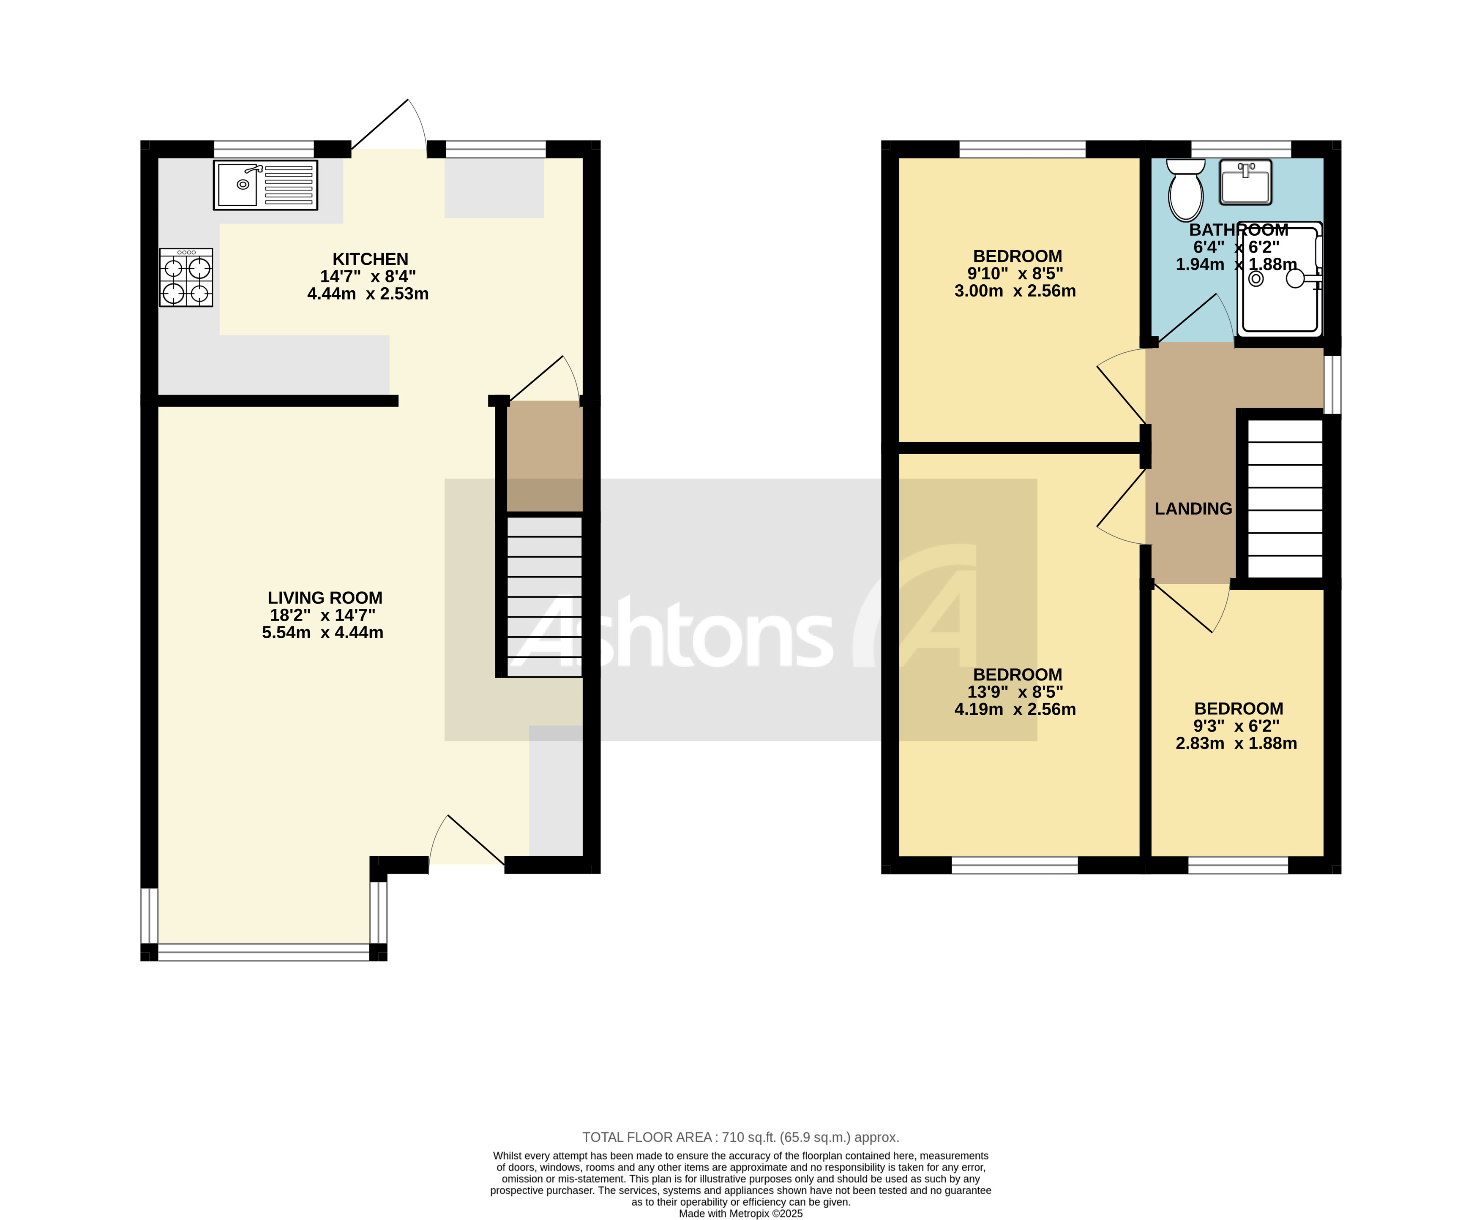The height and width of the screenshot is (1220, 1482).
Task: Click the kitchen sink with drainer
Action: point(265,185)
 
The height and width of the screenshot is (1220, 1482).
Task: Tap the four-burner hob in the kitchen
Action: point(186,277)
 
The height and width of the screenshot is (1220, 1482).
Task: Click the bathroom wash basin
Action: point(1245,182)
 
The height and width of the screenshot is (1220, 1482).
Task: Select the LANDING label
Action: point(1193,508)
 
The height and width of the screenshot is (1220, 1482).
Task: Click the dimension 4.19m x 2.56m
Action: point(1015,709)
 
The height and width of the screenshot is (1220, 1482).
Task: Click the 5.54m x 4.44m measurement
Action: point(323,632)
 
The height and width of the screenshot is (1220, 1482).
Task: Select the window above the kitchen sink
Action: point(264,149)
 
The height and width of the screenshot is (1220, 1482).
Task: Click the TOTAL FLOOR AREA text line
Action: point(740,1137)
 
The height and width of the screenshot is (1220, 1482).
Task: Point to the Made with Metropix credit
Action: point(740,1213)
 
